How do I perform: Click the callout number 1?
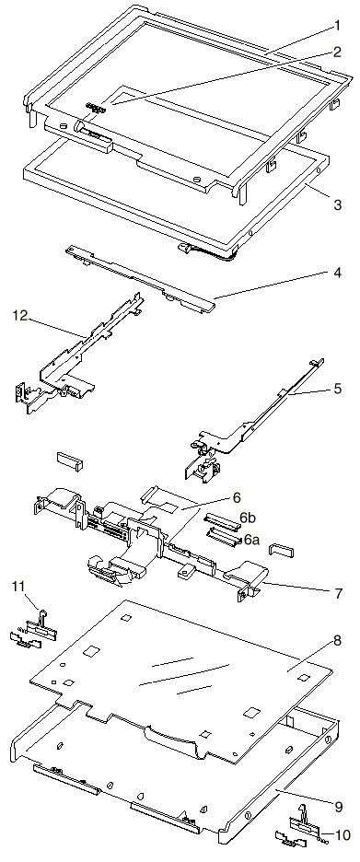coord(338,25)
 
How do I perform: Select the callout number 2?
coord(337,52)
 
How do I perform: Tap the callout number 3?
coord(338,204)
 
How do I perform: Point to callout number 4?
coord(338,272)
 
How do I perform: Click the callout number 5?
coord(338,389)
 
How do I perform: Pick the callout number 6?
coord(237,497)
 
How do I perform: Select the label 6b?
coord(249,518)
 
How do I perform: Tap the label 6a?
coord(251,540)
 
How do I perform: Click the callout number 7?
coord(338,593)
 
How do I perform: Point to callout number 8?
coord(338,641)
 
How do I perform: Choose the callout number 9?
coord(338,807)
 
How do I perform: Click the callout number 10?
coord(342,835)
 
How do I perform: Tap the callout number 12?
coord(19,316)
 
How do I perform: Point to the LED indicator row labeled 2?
coord(95,107)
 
